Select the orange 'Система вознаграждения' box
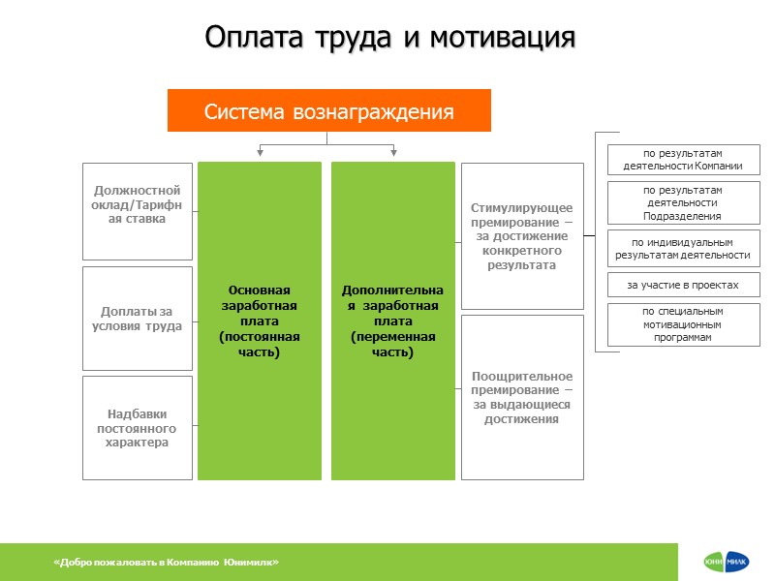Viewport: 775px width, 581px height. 329,110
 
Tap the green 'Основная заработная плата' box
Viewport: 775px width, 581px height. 260,321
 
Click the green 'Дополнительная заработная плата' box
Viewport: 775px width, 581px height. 392,321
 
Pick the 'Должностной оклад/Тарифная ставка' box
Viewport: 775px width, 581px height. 137,211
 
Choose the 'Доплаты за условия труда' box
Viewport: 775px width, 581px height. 137,319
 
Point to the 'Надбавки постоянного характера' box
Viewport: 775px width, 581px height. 137,428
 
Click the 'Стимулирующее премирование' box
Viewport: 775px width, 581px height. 522,236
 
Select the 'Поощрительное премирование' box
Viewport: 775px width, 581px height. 522,397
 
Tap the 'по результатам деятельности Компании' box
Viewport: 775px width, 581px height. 683,160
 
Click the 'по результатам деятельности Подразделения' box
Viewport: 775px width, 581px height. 683,203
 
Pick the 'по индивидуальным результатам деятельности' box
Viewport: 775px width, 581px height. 683,249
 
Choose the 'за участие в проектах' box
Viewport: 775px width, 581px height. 683,286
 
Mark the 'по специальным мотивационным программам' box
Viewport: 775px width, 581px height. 683,324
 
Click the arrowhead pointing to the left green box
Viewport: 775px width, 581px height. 260,151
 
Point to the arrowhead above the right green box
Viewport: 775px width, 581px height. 393,151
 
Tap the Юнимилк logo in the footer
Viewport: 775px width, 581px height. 726,563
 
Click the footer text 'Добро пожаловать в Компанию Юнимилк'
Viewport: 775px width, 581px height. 167,563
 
